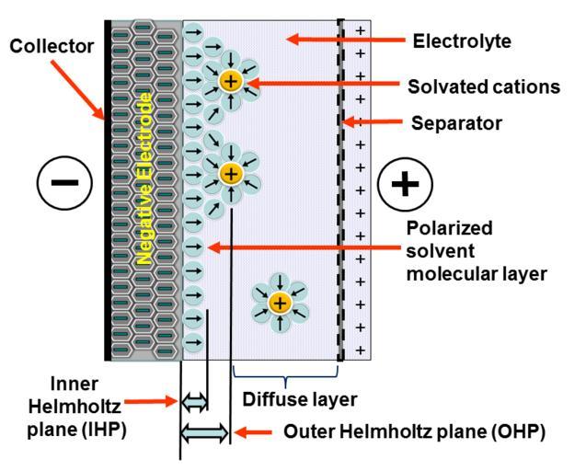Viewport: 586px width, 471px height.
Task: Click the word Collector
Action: coord(52,46)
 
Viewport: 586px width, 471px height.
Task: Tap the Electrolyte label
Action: coord(462,41)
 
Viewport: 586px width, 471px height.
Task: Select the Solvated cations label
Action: coord(484,86)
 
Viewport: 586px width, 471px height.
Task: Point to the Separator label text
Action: coord(456,123)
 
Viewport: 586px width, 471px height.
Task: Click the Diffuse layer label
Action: coord(300,399)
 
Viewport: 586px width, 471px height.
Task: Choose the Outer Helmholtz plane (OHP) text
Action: coord(415,431)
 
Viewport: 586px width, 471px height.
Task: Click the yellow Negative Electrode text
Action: coord(144,178)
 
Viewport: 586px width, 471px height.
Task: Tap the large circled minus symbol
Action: coord(64,183)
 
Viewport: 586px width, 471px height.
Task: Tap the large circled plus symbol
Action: coord(405,184)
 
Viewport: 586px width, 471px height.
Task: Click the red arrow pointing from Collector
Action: coord(77,90)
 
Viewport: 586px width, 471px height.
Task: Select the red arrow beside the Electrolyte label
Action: coord(346,40)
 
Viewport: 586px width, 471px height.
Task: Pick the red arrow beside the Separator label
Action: coord(373,121)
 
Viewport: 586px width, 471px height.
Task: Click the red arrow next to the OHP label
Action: coord(253,432)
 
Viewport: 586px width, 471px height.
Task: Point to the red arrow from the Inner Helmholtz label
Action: coord(151,402)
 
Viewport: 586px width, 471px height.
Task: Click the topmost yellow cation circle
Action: coord(231,81)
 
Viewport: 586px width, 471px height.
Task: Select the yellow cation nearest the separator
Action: coord(280,303)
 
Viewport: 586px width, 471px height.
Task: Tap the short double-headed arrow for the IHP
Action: coord(194,402)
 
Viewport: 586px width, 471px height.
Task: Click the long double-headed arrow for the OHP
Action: coord(204,433)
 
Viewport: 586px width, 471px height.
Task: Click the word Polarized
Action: coord(450,229)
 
